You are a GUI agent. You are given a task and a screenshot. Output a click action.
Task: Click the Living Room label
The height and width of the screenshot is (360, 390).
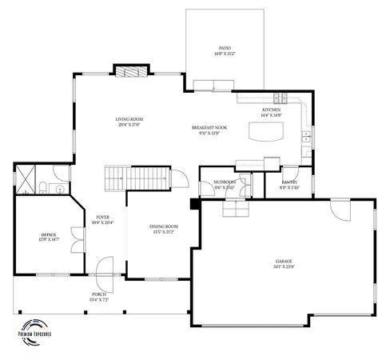coord(129,121)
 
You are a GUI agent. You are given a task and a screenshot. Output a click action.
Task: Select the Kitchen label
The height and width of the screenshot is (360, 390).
coord(272,113)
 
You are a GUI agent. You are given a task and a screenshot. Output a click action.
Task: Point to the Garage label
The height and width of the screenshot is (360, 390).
coord(285,264)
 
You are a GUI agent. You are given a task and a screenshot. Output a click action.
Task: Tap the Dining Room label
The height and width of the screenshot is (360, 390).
coord(163,230)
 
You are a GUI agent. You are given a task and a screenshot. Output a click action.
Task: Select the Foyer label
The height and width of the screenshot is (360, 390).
coord(103,220)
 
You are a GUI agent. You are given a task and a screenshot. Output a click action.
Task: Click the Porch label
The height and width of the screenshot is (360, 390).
coord(99,296)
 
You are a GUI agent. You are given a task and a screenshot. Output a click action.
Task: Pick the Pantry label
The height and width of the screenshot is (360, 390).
coord(289,184)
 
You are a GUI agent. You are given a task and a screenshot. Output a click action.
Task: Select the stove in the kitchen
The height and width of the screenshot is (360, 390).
coord(281,98)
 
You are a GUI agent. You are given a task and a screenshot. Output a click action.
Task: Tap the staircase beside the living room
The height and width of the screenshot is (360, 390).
coord(137,178)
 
